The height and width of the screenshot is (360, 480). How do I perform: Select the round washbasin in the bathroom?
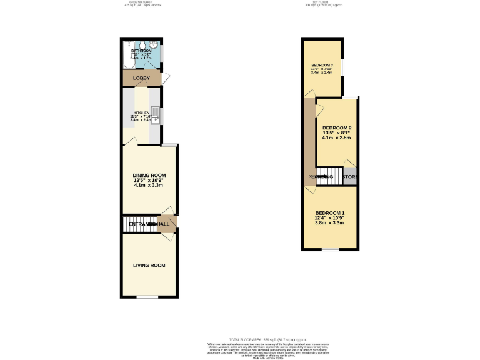[x=154, y=45]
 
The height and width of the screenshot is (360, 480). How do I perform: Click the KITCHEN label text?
[x=141, y=113]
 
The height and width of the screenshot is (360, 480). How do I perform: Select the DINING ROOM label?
[x=149, y=175]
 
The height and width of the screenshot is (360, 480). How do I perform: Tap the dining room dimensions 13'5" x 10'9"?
[x=149, y=180]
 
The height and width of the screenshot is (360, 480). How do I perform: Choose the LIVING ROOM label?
[x=149, y=265]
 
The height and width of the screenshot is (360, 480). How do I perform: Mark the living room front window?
[x=147, y=297]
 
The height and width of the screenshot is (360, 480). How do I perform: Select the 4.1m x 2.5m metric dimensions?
[x=337, y=137]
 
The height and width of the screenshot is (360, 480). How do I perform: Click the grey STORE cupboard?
[x=350, y=176]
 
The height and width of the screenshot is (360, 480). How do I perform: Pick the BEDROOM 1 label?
[x=329, y=212]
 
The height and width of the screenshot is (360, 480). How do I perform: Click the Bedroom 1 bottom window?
[x=330, y=250]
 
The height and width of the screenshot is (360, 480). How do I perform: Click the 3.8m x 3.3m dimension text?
[x=329, y=222]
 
